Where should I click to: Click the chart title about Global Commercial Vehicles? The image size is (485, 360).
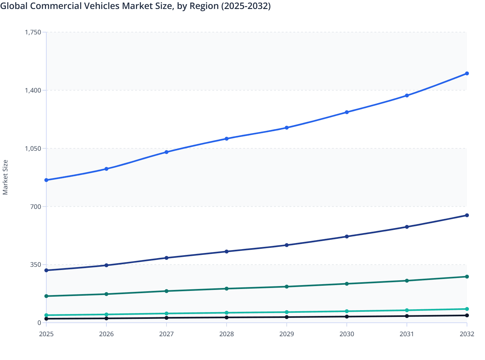[135, 6]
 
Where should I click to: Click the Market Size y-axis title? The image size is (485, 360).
[5, 177]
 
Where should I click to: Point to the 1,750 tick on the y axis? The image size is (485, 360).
[33, 32]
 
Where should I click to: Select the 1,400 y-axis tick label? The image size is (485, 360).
[33, 90]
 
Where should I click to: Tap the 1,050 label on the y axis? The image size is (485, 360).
[33, 148]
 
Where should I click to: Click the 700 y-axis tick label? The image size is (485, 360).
[36, 206]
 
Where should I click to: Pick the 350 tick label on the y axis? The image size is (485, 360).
[36, 265]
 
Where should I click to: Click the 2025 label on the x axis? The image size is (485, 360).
[46, 334]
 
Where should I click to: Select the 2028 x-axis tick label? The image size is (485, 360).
[226, 334]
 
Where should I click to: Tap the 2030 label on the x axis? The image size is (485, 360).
[347, 334]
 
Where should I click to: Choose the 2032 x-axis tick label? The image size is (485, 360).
[467, 334]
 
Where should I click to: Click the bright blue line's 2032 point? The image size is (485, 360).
[467, 74]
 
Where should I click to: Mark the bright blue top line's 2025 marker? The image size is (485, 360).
[46, 180]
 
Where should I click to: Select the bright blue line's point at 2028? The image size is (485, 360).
[226, 139]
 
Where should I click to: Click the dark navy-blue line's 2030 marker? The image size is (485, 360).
[347, 237]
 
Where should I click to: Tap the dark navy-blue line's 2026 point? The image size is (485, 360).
[106, 265]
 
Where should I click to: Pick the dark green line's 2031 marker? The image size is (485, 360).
[407, 281]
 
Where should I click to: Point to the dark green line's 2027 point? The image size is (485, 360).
[167, 291]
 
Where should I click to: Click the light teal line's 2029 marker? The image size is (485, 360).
[287, 312]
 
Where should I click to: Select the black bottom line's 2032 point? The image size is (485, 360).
[467, 315]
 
